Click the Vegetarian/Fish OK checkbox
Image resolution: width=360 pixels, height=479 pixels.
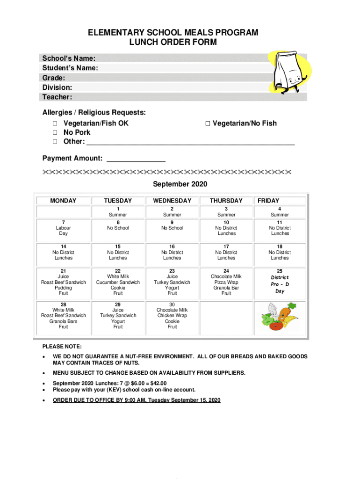55,123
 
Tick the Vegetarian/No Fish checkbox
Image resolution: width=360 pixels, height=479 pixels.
208,123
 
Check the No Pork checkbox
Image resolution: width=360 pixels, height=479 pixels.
55,132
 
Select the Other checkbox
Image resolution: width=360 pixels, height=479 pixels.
55,142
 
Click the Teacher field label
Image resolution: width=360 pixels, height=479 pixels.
57,97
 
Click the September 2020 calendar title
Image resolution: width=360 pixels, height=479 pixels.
180,184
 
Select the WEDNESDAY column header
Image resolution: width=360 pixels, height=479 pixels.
172,201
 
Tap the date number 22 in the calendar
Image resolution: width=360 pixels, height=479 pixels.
118,271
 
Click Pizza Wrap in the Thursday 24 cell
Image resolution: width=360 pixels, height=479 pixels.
226,283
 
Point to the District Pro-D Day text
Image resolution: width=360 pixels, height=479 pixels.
280,284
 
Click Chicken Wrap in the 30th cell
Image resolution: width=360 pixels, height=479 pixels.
172,316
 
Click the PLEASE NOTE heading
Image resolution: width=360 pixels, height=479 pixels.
62,347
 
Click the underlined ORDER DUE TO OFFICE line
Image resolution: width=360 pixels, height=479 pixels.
136,400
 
